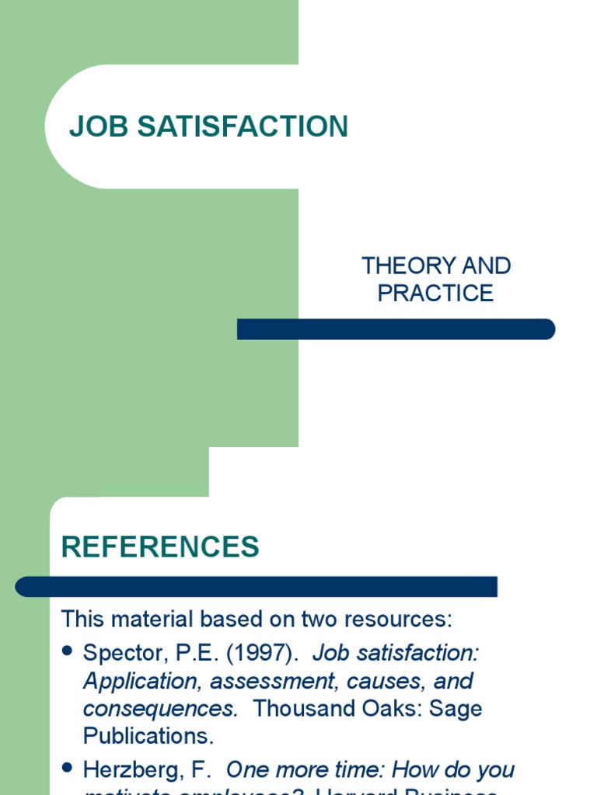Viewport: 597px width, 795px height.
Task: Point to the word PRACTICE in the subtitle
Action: (435, 293)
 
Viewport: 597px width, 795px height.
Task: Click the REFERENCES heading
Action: (160, 547)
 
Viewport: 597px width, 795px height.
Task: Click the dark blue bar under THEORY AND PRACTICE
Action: (396, 329)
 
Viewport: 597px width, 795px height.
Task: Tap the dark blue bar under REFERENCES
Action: (257, 586)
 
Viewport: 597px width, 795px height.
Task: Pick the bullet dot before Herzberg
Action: (67, 769)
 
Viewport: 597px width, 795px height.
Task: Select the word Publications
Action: (148, 736)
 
